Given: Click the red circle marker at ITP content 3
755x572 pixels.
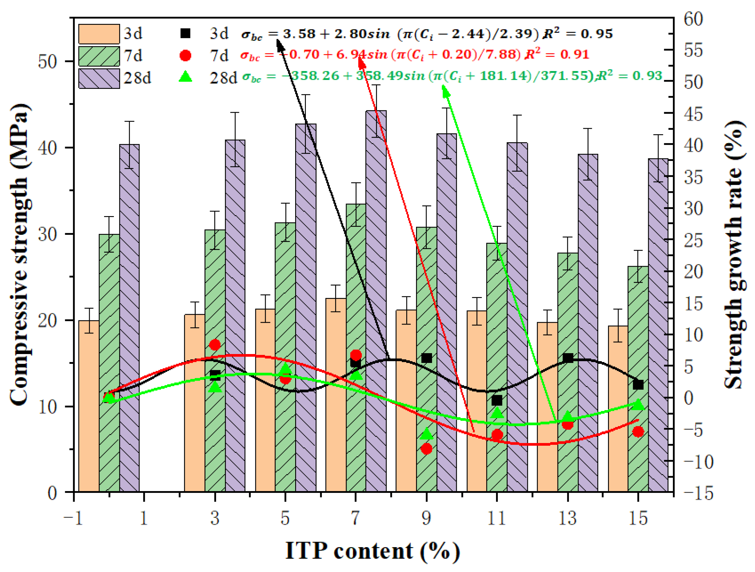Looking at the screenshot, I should [x=215, y=345].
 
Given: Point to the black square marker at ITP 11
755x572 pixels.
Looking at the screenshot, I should [x=497, y=400].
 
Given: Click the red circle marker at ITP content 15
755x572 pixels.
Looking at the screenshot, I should [x=638, y=432].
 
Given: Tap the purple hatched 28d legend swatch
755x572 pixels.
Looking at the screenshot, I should [x=99, y=78].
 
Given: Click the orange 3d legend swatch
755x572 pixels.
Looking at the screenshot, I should [x=99, y=34].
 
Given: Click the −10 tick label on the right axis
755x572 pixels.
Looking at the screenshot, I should [x=698, y=462].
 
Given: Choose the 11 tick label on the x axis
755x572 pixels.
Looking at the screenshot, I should [x=497, y=518].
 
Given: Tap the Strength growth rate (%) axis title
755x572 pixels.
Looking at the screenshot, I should [x=734, y=254].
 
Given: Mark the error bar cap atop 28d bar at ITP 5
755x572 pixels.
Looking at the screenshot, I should [x=306, y=95].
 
